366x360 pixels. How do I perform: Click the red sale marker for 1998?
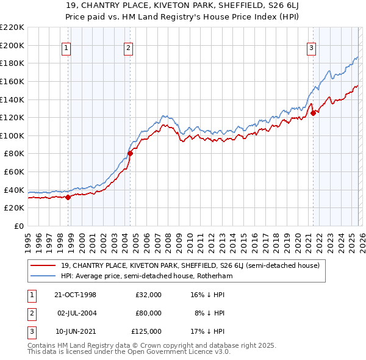68,197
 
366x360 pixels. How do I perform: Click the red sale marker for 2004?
130,154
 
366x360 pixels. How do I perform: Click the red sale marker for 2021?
313,113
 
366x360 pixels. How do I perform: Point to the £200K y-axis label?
13,45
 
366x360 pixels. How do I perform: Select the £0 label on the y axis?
18,226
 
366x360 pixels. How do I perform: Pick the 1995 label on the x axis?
28,240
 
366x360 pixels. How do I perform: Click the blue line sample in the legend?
44,276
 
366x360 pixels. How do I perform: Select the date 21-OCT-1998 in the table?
75,295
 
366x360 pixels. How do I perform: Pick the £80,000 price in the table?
148,313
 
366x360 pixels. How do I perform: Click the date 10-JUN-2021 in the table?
75,331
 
